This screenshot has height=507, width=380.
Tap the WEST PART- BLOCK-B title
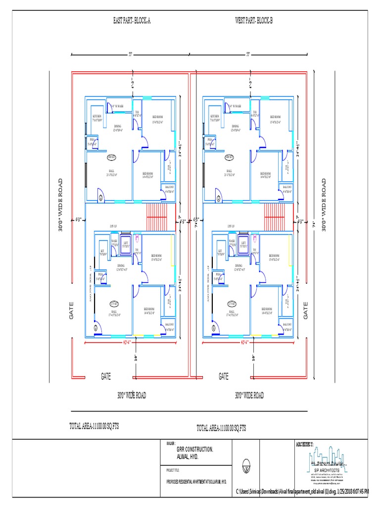[x=253, y=21]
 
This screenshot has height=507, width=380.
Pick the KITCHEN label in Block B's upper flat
[x=215, y=118]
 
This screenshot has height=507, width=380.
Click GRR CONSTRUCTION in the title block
[x=195, y=450]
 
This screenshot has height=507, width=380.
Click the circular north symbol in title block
[x=246, y=466]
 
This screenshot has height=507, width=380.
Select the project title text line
[x=197, y=481]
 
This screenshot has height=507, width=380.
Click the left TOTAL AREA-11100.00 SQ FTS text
[x=94, y=426]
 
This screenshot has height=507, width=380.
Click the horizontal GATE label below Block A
[x=106, y=377]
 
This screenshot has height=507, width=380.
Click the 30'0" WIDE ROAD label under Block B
[x=249, y=395]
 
